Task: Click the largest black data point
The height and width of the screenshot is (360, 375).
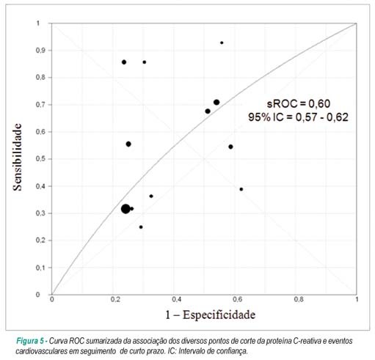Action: point(125,209)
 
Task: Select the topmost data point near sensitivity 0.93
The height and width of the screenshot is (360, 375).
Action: point(222,43)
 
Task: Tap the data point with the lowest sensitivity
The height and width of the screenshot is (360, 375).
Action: point(141,227)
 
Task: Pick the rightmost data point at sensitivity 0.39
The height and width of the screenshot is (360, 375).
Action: point(241,189)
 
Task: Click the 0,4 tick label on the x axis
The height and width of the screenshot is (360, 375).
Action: point(176,299)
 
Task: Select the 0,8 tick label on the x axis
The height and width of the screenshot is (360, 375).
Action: point(299,299)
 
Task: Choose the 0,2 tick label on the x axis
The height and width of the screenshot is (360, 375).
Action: point(115,299)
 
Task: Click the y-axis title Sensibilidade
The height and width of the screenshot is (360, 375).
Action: point(18,157)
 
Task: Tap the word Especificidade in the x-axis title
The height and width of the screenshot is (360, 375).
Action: point(219,315)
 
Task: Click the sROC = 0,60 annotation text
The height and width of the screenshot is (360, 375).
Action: point(299,104)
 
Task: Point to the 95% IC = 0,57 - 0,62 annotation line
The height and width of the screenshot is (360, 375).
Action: point(298,117)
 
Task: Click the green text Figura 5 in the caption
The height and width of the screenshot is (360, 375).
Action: point(30,341)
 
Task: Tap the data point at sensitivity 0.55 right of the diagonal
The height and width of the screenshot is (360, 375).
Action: point(230,147)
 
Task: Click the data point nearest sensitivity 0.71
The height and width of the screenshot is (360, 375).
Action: point(216,102)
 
